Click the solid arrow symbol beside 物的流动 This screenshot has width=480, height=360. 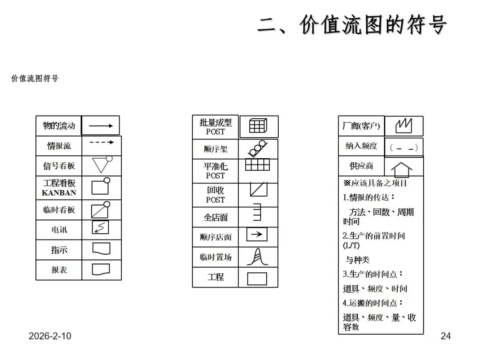coord(100,126)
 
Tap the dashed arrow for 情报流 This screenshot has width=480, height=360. coord(101,143)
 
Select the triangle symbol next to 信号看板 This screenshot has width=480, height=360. coord(101,165)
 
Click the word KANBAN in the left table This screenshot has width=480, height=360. coord(59,193)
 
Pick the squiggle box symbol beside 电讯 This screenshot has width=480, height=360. coord(100,228)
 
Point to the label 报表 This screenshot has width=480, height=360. coord(59,270)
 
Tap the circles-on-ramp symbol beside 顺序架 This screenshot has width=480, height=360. coord(257,148)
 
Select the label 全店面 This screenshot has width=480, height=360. coord(216,217)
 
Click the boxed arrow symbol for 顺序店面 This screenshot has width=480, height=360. coord(257,234)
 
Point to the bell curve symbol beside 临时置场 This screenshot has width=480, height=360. coord(257,257)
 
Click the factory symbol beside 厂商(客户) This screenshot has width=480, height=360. coord(404,126)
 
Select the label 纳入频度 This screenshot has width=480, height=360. coord(361,146)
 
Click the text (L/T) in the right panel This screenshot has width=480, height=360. coord(351,245)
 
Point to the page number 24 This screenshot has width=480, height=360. coord(445,336)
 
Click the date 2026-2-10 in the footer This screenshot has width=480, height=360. coord(50,336)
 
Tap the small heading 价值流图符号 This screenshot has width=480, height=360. coord(35,79)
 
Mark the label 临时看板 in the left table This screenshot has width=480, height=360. coord(59,210)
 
